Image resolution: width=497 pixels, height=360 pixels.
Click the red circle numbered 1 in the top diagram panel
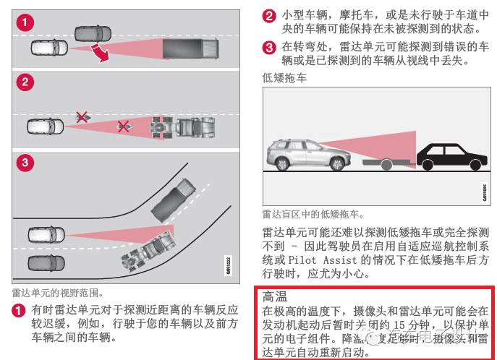(x=25, y=22)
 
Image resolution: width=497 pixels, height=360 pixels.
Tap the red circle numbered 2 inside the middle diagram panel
(x=25, y=82)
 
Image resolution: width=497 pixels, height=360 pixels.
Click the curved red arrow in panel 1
(x=103, y=53)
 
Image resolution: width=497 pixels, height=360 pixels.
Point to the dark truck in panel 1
(x=190, y=48)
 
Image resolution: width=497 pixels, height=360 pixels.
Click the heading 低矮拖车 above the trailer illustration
(x=284, y=78)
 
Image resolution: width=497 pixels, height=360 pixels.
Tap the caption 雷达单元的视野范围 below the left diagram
(x=57, y=293)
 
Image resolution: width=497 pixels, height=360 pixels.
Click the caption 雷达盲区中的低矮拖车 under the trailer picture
(x=313, y=214)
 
